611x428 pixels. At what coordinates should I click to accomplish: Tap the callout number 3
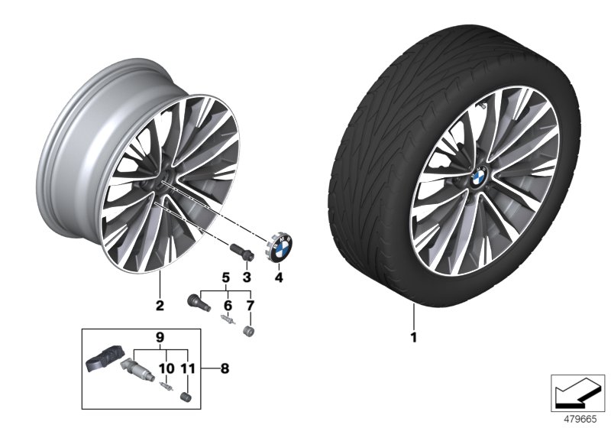[x=247, y=277]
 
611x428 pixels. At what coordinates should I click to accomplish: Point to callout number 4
[x=279, y=277]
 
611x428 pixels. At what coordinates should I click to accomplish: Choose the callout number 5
[x=226, y=277]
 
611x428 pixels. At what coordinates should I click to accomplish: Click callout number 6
[x=226, y=305]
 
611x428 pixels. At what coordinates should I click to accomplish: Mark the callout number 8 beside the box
[x=224, y=368]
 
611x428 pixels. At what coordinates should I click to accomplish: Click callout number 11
[x=186, y=368]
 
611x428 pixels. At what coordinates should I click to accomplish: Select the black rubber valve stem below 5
[x=197, y=300]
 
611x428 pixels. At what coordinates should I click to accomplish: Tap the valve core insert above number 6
[x=225, y=322]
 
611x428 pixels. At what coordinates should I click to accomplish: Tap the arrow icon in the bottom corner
[x=577, y=390]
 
